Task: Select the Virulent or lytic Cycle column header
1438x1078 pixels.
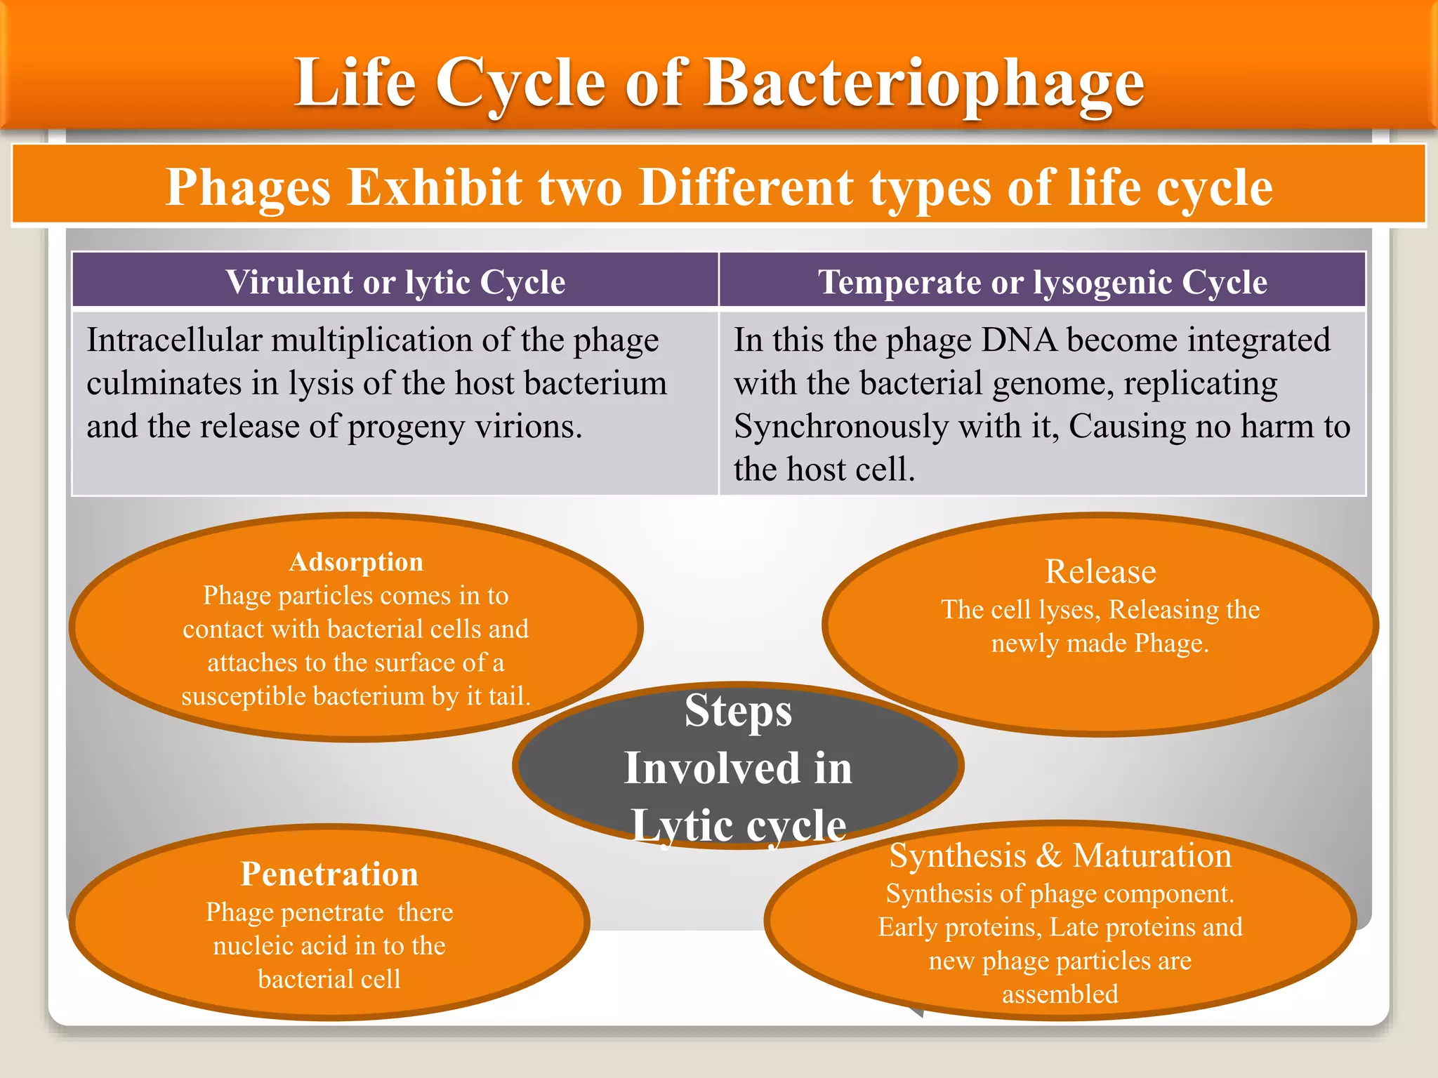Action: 395,282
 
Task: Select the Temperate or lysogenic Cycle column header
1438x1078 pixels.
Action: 1043,282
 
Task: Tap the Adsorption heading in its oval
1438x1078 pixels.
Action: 356,562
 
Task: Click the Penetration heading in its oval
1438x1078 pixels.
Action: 329,874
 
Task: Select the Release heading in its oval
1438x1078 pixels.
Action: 1100,571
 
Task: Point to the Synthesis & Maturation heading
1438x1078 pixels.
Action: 1060,856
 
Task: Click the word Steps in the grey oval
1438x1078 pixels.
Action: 738,711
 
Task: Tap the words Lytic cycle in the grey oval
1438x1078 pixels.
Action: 738,825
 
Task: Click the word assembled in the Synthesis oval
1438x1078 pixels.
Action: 1060,994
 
